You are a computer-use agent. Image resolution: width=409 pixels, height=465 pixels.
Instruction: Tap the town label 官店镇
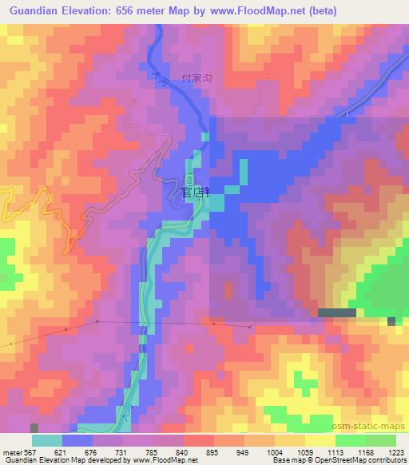[x=195, y=193]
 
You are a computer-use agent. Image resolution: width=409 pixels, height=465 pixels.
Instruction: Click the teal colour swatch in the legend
[x=46, y=440]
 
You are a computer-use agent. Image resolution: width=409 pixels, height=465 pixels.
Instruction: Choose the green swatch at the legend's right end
[x=381, y=440]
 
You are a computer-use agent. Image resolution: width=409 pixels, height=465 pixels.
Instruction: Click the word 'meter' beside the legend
[x=10, y=451]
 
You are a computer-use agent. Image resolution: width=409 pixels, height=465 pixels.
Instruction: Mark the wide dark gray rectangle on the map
[x=337, y=312]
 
